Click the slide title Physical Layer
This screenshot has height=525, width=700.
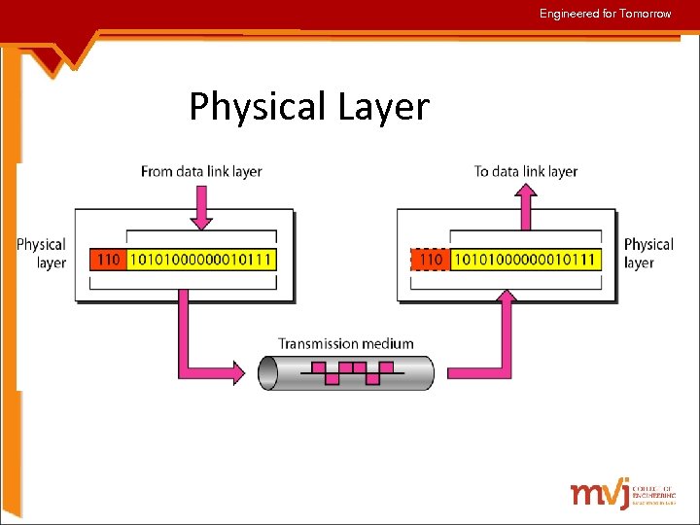coord(308,106)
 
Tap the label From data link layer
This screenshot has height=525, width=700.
coord(201,171)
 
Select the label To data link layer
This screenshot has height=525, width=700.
coord(525,171)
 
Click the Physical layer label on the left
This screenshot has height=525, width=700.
coord(41,253)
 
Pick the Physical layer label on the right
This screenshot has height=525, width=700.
coord(647,253)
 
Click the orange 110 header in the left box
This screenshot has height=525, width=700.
coord(109,260)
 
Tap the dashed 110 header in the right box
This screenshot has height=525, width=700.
coord(431,260)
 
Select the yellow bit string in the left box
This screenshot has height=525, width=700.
coord(201,260)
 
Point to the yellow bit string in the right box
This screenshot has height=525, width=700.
coord(524,260)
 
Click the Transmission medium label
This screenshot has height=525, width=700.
coord(345,343)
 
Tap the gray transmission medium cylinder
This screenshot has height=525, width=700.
coord(345,372)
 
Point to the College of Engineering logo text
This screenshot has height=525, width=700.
coord(653,495)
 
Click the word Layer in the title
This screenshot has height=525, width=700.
coord(383,106)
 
